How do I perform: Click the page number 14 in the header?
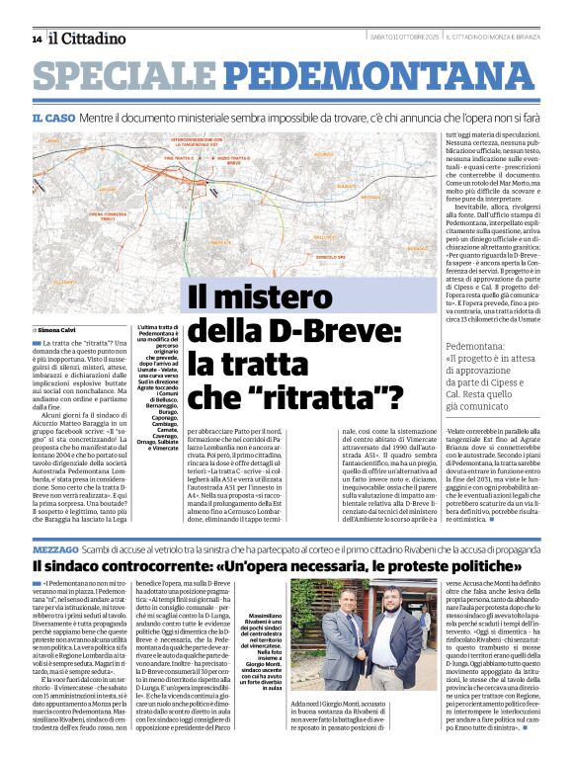pyautogui.click(x=37, y=40)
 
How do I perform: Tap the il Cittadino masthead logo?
pyautogui.click(x=88, y=39)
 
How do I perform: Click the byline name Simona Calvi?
pyautogui.click(x=59, y=329)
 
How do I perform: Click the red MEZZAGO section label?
pyautogui.click(x=56, y=547)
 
